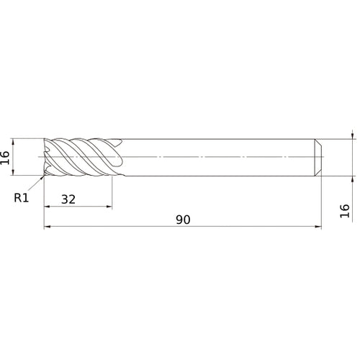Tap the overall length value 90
[183, 220]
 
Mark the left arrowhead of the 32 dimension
[48, 207]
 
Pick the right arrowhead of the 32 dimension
[109, 207]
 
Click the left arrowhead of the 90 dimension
[48, 227]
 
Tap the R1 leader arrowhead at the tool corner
[42, 175]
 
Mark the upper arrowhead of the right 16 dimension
[351, 135]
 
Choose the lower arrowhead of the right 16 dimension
[351, 178]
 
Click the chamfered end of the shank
[318, 156]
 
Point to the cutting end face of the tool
[46, 156]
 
